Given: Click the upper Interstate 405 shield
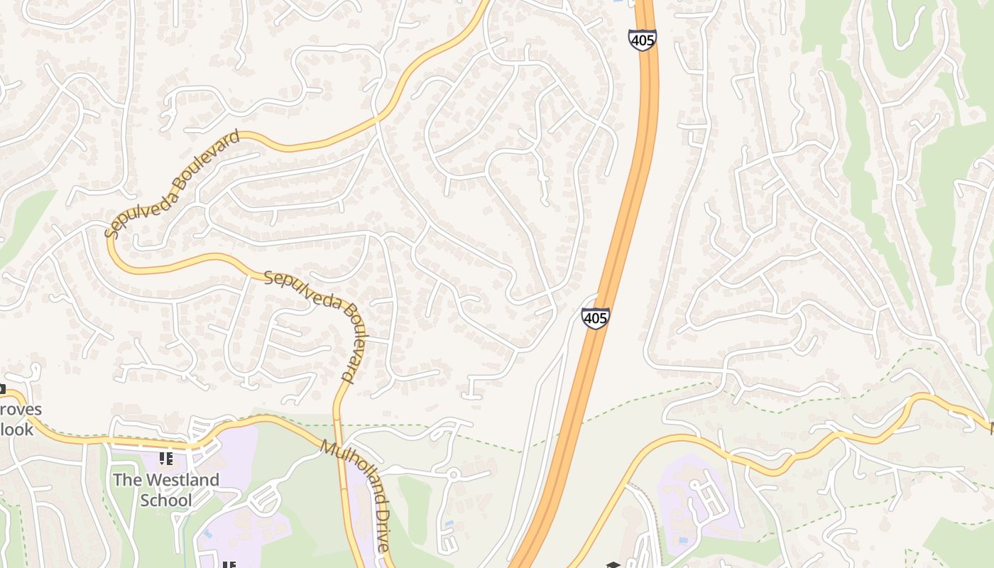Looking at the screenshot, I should click(642, 40).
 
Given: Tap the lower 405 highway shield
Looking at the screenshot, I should click(595, 318).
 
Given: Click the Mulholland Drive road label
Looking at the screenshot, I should click(355, 496).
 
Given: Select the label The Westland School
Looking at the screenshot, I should click(166, 490).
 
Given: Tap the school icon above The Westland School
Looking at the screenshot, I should click(166, 459).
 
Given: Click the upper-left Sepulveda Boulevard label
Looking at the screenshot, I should click(173, 184).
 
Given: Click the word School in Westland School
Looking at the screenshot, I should click(166, 500).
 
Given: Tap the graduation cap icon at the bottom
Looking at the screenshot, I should click(613, 565).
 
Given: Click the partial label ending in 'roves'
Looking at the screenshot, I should click(21, 410).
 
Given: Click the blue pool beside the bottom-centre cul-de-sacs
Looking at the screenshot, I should click(448, 524).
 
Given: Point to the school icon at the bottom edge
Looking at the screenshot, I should click(229, 564).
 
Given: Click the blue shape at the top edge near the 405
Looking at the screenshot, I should click(617, 2).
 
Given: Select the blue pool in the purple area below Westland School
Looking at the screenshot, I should click(207, 532).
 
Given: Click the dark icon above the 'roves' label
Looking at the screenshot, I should click(2, 388).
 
